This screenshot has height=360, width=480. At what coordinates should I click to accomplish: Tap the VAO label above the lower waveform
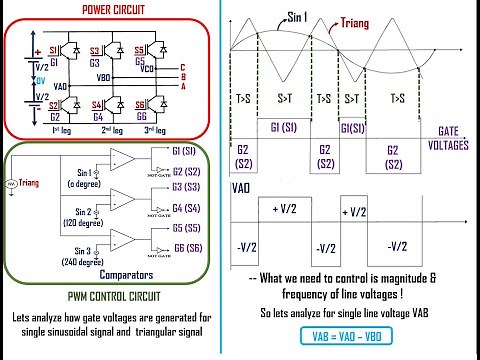pyautogui.click(x=241, y=187)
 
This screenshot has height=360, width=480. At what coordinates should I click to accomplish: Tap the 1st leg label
pyautogui.click(x=60, y=130)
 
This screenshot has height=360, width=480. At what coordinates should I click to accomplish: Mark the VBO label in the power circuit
pyautogui.click(x=103, y=76)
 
